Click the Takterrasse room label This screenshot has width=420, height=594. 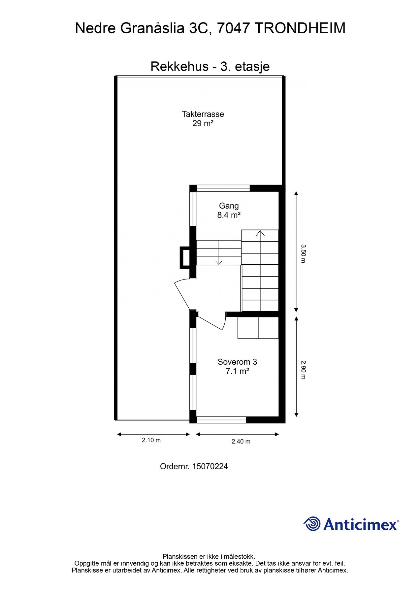coord(203,114)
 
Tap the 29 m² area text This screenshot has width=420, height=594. coord(203,123)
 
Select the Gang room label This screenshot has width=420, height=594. coord(229,206)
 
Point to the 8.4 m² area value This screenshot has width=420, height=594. coord(229,215)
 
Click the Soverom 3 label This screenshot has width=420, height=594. coord(237,362)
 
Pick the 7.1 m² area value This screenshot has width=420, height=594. coord(237,371)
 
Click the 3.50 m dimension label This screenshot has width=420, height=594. coord(303,253)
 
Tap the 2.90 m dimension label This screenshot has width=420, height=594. coord(303,370)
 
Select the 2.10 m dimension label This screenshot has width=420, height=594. coord(151,440)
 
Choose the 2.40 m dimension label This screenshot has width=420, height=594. coord(241,442)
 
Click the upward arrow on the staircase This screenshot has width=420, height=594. coord(260,233)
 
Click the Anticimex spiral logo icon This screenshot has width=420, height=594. coord(312,524)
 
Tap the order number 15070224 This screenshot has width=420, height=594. coord(210,466)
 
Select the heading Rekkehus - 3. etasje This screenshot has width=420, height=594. coord(210,66)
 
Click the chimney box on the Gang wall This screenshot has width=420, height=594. coord(185,257)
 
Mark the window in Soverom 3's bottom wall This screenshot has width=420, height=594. coord(221,420)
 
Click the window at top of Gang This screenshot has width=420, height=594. coord(223,188)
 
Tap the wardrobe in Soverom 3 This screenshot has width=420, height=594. coord(258,328)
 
